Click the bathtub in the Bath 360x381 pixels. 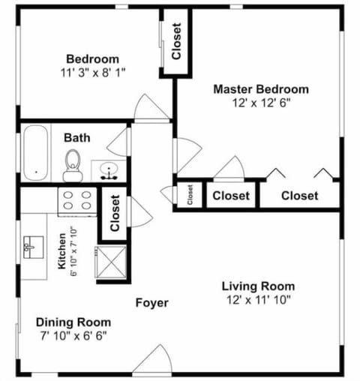pyautogui.click(x=35, y=153)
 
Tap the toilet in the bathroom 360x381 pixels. pyautogui.click(x=73, y=165)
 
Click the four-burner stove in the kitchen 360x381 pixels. pyautogui.click(x=77, y=200)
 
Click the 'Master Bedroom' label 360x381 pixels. pyautogui.click(x=260, y=89)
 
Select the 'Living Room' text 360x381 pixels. pyautogui.click(x=258, y=286)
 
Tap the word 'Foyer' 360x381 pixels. pyautogui.click(x=151, y=303)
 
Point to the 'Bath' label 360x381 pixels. pyautogui.click(x=76, y=138)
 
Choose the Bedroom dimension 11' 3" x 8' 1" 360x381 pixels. pyautogui.click(x=92, y=73)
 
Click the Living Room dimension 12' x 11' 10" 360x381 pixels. pyautogui.click(x=258, y=300)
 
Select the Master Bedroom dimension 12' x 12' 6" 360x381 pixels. pyautogui.click(x=260, y=103)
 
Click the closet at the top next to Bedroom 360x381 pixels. pyautogui.click(x=176, y=42)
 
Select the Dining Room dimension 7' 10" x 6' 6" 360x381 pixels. pyautogui.click(x=73, y=335)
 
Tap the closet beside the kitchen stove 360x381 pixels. pyautogui.click(x=114, y=213)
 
